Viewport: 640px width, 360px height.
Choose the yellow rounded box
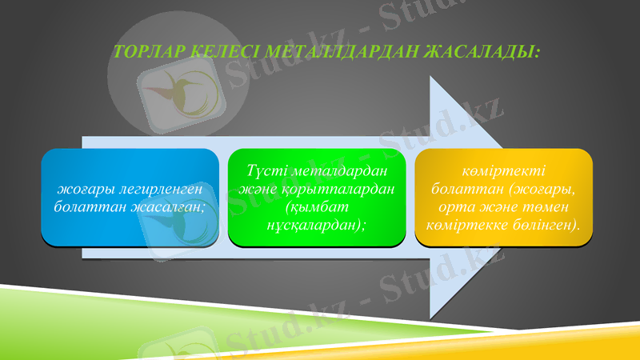[x=503, y=197]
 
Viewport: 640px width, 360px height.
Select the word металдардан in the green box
[x=338, y=171]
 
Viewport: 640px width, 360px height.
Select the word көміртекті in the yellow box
[x=503, y=171]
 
